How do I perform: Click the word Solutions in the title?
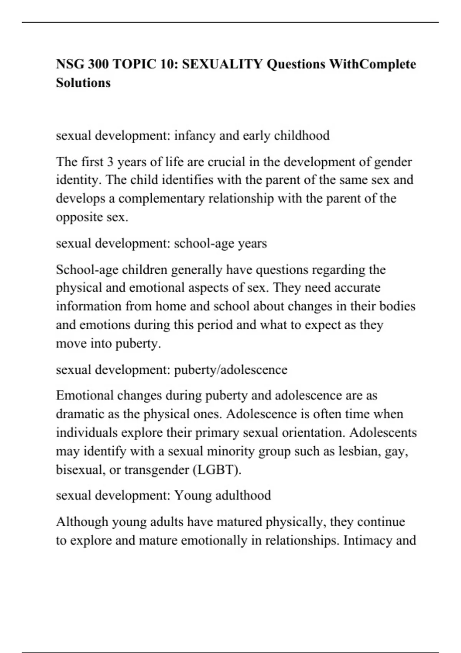83,83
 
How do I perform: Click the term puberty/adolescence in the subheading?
230,370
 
